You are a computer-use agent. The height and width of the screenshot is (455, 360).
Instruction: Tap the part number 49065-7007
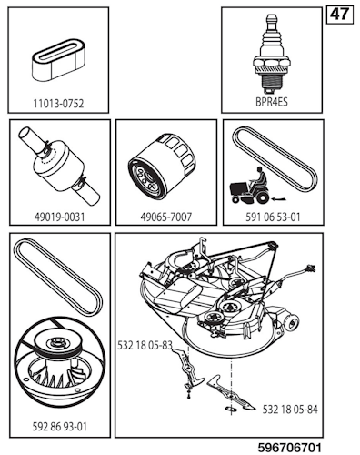click(165, 217)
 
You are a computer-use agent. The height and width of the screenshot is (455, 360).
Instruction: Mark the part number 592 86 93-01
click(58, 422)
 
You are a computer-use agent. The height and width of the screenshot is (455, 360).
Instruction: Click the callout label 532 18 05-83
click(149, 346)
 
